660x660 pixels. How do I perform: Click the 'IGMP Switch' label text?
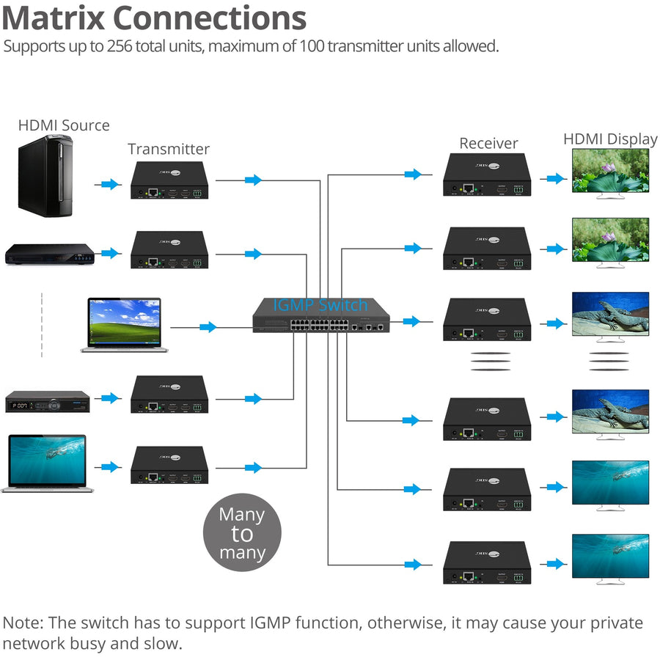(320, 305)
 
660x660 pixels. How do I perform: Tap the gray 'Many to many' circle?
(242, 533)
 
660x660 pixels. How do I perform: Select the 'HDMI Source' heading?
(64, 125)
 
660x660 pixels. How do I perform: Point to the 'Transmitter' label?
(169, 149)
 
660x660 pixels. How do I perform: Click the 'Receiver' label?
(488, 143)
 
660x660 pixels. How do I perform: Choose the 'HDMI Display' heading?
(610, 139)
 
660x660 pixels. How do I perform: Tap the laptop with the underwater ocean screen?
(44, 463)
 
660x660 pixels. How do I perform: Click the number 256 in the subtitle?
(125, 46)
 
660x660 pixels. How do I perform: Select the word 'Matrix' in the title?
(55, 18)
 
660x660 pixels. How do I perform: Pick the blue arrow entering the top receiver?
(413, 175)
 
